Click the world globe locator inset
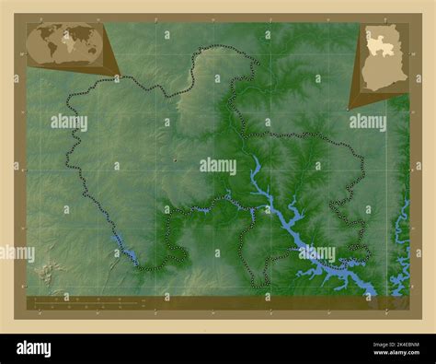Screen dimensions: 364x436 coord(65,43)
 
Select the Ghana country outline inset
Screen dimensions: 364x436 coord(382,57)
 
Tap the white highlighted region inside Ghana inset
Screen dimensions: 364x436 coord(379,42)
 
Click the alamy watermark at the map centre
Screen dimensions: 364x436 coord(218,166)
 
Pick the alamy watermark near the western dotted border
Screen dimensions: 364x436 coord(69,121)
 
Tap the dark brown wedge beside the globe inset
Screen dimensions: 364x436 coord(109,53)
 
